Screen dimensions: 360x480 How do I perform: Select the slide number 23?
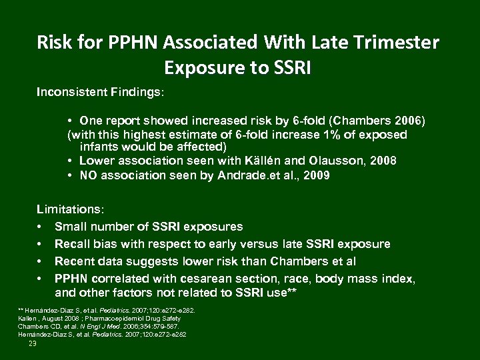pos(33,343)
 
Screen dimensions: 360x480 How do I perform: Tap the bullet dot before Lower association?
pos(70,161)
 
